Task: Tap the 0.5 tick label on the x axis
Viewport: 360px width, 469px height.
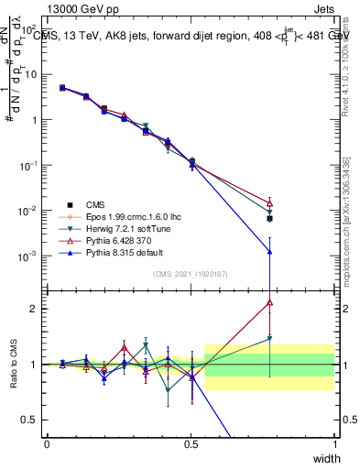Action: (191, 444)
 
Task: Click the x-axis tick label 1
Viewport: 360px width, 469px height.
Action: (334, 444)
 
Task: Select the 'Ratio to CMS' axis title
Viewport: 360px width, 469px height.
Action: (13, 364)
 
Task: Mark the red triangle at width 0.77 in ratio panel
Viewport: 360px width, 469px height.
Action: (269, 301)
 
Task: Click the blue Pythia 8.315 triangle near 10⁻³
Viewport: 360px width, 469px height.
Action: (269, 251)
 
